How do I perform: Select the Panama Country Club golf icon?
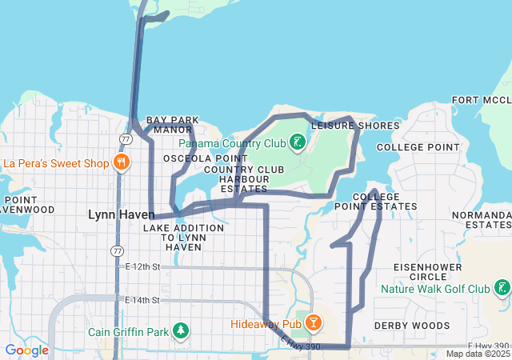tap(298, 143)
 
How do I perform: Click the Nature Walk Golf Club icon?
tap(502, 288)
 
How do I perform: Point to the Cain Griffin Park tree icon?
tap(182, 330)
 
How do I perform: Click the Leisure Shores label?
tap(355, 126)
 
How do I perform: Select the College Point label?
tap(418, 147)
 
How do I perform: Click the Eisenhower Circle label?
tap(425, 271)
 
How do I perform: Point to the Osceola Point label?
tap(197, 159)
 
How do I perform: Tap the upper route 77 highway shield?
tap(126, 138)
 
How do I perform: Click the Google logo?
tap(26, 350)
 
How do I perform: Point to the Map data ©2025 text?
tap(477, 354)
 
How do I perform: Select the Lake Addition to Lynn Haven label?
tap(183, 238)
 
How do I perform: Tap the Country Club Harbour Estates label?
tap(244, 179)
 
